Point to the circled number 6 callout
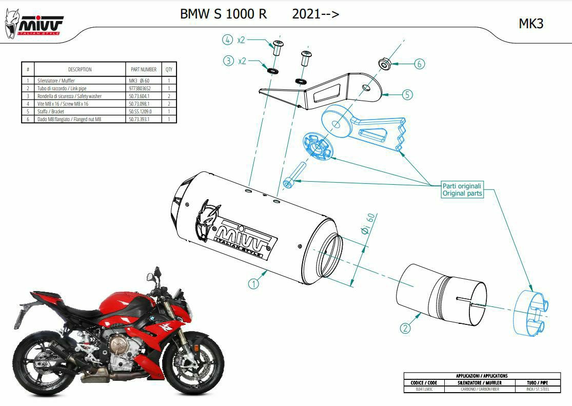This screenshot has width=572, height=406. pyautogui.click(x=419, y=64)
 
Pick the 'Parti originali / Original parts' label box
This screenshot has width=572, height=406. pyautogui.click(x=462, y=189)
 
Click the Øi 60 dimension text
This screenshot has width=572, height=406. pyautogui.click(x=367, y=224)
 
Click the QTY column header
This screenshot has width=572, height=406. pyautogui.click(x=169, y=69)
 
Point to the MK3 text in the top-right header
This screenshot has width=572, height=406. pyautogui.click(x=531, y=24)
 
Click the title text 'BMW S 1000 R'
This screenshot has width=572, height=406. pyautogui.click(x=223, y=14)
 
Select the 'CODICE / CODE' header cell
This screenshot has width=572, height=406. pyautogui.click(x=424, y=383)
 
